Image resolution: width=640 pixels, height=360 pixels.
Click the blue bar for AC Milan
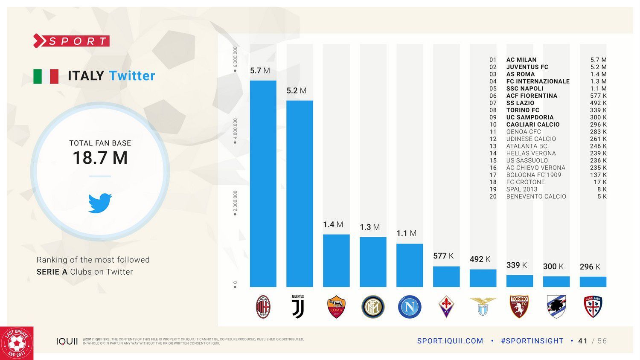263,183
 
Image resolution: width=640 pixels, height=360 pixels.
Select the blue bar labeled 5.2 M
300,194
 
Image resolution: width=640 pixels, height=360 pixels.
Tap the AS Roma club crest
336,307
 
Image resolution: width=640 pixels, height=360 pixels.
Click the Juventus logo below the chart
298,307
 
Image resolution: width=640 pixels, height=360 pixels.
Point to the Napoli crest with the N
410,307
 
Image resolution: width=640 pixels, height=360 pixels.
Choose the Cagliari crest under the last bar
593,307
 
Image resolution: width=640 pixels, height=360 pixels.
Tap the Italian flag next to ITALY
46,76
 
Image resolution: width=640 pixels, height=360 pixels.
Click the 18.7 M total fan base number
100,158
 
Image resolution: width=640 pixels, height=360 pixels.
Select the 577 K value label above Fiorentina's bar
443,256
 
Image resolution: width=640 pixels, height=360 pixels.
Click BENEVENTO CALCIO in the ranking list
536,197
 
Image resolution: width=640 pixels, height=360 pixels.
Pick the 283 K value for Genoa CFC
598,132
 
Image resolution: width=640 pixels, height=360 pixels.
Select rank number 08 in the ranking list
493,110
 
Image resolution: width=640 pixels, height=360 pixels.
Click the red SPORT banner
72,41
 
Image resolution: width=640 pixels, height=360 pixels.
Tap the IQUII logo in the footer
67,341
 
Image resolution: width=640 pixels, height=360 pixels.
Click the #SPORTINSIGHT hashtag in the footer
532,341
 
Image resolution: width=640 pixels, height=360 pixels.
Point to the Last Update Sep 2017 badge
17,343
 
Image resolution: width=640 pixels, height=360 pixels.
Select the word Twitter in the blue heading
132,75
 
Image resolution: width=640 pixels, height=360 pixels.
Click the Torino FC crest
519,307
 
